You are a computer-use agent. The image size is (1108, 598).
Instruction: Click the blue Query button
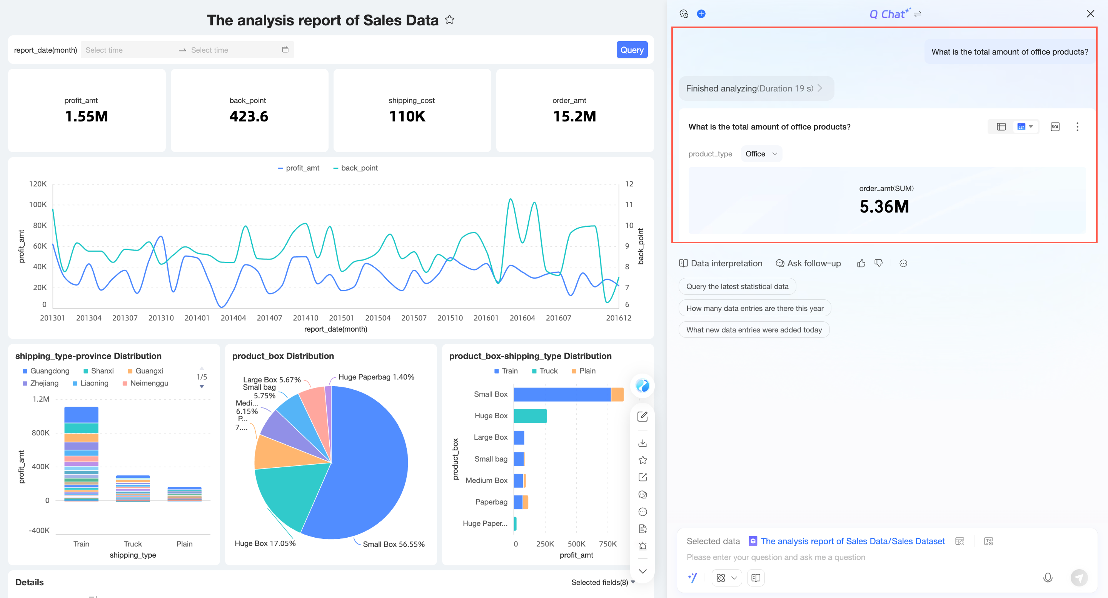[x=631, y=50]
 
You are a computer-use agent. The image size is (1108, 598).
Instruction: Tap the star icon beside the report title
[x=449, y=20]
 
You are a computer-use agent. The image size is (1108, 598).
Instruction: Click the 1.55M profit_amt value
[x=87, y=116]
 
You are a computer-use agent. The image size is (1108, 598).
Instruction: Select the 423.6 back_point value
[x=249, y=116]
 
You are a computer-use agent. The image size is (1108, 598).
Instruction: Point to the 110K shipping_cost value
[x=407, y=116]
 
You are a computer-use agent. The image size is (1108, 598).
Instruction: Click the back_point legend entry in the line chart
[x=355, y=168]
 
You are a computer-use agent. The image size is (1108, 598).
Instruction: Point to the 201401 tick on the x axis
[x=197, y=318]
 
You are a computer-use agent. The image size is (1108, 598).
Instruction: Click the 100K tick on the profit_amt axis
[x=38, y=204]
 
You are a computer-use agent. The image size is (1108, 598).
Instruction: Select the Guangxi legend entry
[x=145, y=371]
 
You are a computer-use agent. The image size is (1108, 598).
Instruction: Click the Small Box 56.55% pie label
[x=394, y=544]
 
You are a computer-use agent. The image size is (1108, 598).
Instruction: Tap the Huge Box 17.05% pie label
[x=265, y=543]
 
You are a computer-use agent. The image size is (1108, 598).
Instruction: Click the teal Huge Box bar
[x=530, y=416]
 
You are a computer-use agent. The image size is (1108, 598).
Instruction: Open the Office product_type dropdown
[x=761, y=154]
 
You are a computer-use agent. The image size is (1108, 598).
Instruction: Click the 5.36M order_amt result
[x=884, y=207]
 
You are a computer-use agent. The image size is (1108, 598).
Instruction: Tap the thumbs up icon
[x=861, y=263]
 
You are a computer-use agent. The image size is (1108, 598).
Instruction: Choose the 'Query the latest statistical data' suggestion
[x=737, y=287]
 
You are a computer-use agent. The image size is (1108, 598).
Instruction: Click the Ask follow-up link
[x=808, y=263]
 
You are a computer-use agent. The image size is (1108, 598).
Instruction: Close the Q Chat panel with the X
[x=1090, y=14]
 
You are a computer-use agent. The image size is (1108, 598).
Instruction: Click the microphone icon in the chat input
[x=1048, y=578]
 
